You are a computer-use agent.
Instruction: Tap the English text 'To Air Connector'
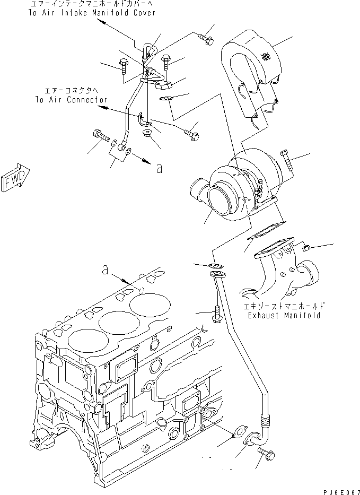point(71,99)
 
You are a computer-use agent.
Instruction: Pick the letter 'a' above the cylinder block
point(106,271)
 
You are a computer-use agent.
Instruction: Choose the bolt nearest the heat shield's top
point(206,38)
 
